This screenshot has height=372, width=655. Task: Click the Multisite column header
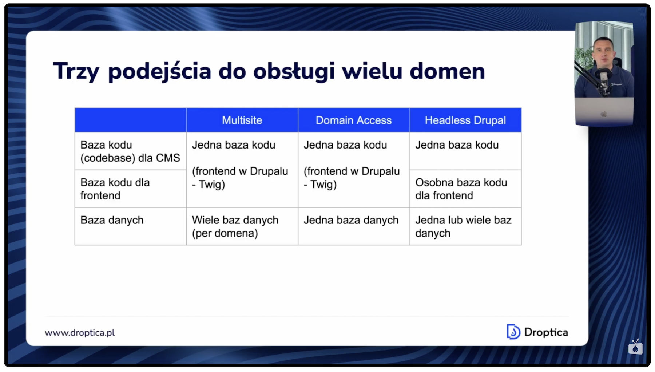242,120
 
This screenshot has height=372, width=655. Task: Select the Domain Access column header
353,120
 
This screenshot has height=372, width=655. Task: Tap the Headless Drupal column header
465,120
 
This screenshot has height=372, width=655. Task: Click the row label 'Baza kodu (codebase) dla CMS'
130,151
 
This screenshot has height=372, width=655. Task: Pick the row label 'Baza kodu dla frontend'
115,189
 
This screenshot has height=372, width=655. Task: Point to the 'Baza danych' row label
112,220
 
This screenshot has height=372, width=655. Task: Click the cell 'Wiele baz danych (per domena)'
235,226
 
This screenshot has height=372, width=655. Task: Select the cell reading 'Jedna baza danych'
351,220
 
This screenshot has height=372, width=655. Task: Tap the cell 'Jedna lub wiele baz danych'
463,226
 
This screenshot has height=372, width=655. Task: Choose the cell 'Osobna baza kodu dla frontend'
461,189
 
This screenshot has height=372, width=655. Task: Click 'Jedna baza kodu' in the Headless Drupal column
457,145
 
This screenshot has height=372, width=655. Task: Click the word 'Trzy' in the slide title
76,71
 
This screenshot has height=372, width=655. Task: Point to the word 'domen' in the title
447,71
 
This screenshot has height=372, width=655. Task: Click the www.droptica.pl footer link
80,333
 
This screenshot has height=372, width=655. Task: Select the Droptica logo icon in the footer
513,332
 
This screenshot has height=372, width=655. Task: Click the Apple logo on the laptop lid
604,114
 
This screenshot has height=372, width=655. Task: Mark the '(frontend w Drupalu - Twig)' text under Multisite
240,178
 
